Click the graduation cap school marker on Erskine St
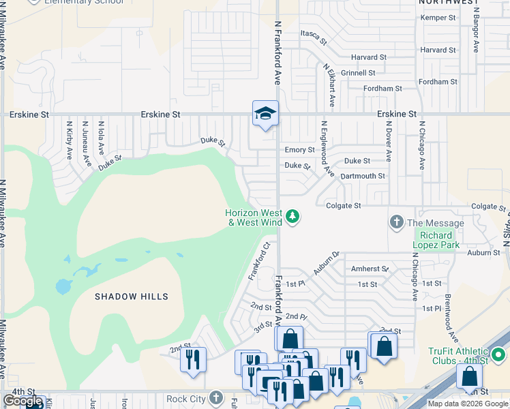[x=265, y=113]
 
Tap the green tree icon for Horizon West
[x=293, y=217]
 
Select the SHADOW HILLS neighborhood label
[x=132, y=297]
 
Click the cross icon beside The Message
[x=397, y=222]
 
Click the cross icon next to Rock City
[x=216, y=398]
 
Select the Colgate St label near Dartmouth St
[x=343, y=204]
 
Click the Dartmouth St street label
[x=363, y=176]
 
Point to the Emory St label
[x=299, y=150]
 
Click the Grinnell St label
[x=359, y=73]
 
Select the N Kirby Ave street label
[x=70, y=140]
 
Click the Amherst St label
[x=369, y=269]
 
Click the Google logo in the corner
[x=23, y=401]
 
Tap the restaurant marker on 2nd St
[x=193, y=359]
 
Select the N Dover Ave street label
[x=388, y=140]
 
